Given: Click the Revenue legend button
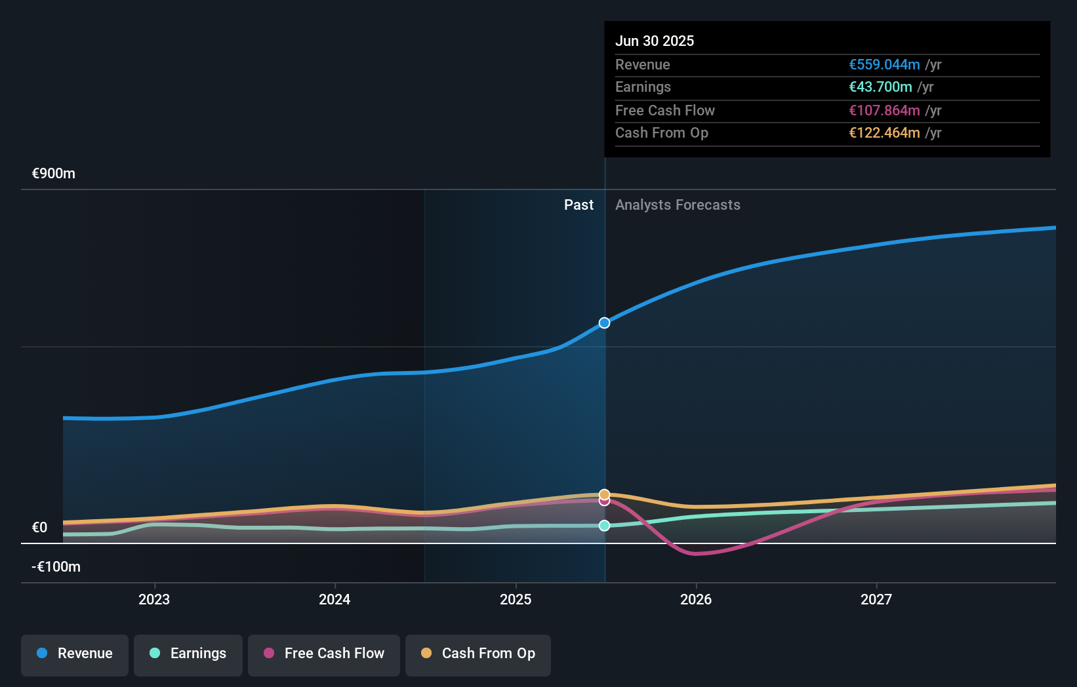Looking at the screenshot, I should pyautogui.click(x=75, y=654).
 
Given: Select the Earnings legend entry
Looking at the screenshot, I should pyautogui.click(x=188, y=654).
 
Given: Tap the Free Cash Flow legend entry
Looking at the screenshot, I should pyautogui.click(x=324, y=654).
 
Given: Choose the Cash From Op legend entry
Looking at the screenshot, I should pyautogui.click(x=478, y=654).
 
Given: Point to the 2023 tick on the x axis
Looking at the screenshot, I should pyautogui.click(x=154, y=599).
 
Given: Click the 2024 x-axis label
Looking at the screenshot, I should pyautogui.click(x=335, y=599).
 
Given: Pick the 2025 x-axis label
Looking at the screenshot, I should pyautogui.click(x=516, y=599).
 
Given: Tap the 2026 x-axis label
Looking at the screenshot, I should pyautogui.click(x=696, y=599).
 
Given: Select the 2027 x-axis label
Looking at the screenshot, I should pyautogui.click(x=876, y=599).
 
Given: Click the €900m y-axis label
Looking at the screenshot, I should pyautogui.click(x=54, y=174).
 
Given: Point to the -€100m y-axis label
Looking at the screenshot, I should pyautogui.click(x=56, y=567).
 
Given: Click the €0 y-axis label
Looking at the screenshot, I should pyautogui.click(x=39, y=528).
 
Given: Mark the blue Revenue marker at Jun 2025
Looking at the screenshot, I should pyautogui.click(x=604, y=323).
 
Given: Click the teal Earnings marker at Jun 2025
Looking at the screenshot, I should pyautogui.click(x=604, y=526).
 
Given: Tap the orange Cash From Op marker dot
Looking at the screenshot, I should pyautogui.click(x=604, y=494).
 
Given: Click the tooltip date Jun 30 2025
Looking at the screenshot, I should pyautogui.click(x=654, y=41).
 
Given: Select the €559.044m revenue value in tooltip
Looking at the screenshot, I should pyautogui.click(x=884, y=64).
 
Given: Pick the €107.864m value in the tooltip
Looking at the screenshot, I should pyautogui.click(x=884, y=110).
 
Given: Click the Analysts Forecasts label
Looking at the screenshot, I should pyautogui.click(x=678, y=205).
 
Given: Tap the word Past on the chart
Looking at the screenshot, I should pyautogui.click(x=579, y=205).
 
